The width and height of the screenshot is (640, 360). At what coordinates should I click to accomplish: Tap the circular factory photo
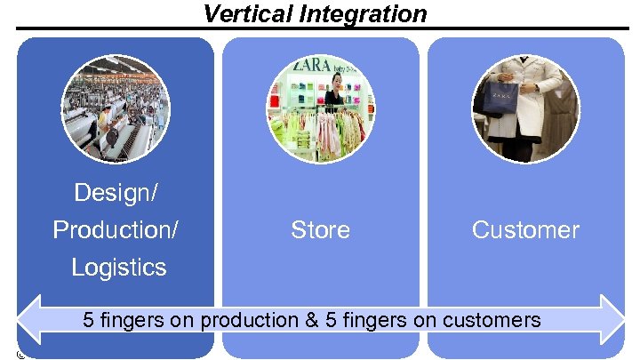116,109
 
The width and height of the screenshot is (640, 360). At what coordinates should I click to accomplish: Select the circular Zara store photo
321,109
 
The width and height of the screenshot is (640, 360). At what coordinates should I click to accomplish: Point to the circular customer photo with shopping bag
525,109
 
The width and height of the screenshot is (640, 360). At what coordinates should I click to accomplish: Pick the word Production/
116,229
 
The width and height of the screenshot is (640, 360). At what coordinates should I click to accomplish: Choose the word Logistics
118,267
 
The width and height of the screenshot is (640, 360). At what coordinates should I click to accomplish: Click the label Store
320,229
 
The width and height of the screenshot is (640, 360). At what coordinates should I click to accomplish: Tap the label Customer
525,229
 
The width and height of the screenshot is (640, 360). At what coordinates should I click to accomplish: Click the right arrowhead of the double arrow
612,319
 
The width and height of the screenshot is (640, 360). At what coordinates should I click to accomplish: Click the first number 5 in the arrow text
88,320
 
